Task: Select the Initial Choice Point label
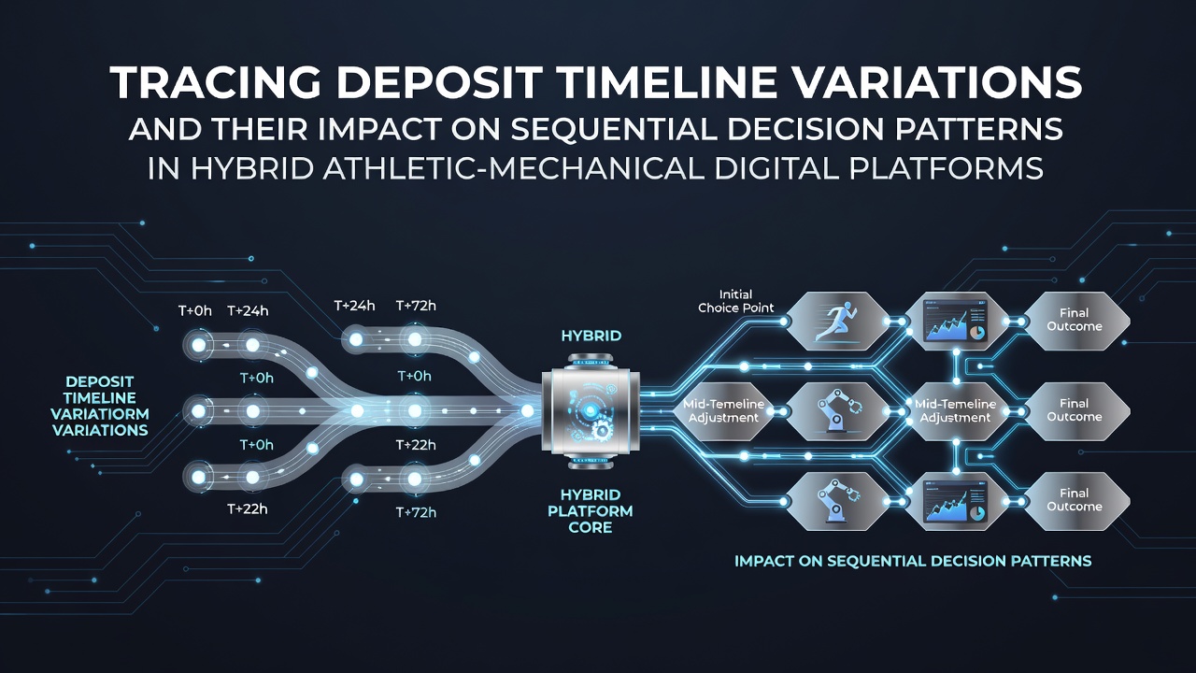click(735, 301)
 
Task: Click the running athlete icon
click(834, 321)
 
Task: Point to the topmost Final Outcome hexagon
click(1075, 321)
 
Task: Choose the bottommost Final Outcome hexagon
click(1075, 501)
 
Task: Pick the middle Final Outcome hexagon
click(1075, 410)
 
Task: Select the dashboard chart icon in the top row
click(955, 321)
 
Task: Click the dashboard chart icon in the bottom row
click(955, 501)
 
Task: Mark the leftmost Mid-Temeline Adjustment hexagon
click(724, 410)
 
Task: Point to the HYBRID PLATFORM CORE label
click(590, 511)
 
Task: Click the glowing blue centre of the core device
click(590, 410)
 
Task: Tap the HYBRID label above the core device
click(591, 336)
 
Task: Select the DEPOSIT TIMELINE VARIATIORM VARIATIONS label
click(100, 406)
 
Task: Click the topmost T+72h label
click(416, 306)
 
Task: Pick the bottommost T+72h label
click(416, 513)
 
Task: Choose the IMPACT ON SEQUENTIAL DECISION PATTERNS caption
click(913, 562)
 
